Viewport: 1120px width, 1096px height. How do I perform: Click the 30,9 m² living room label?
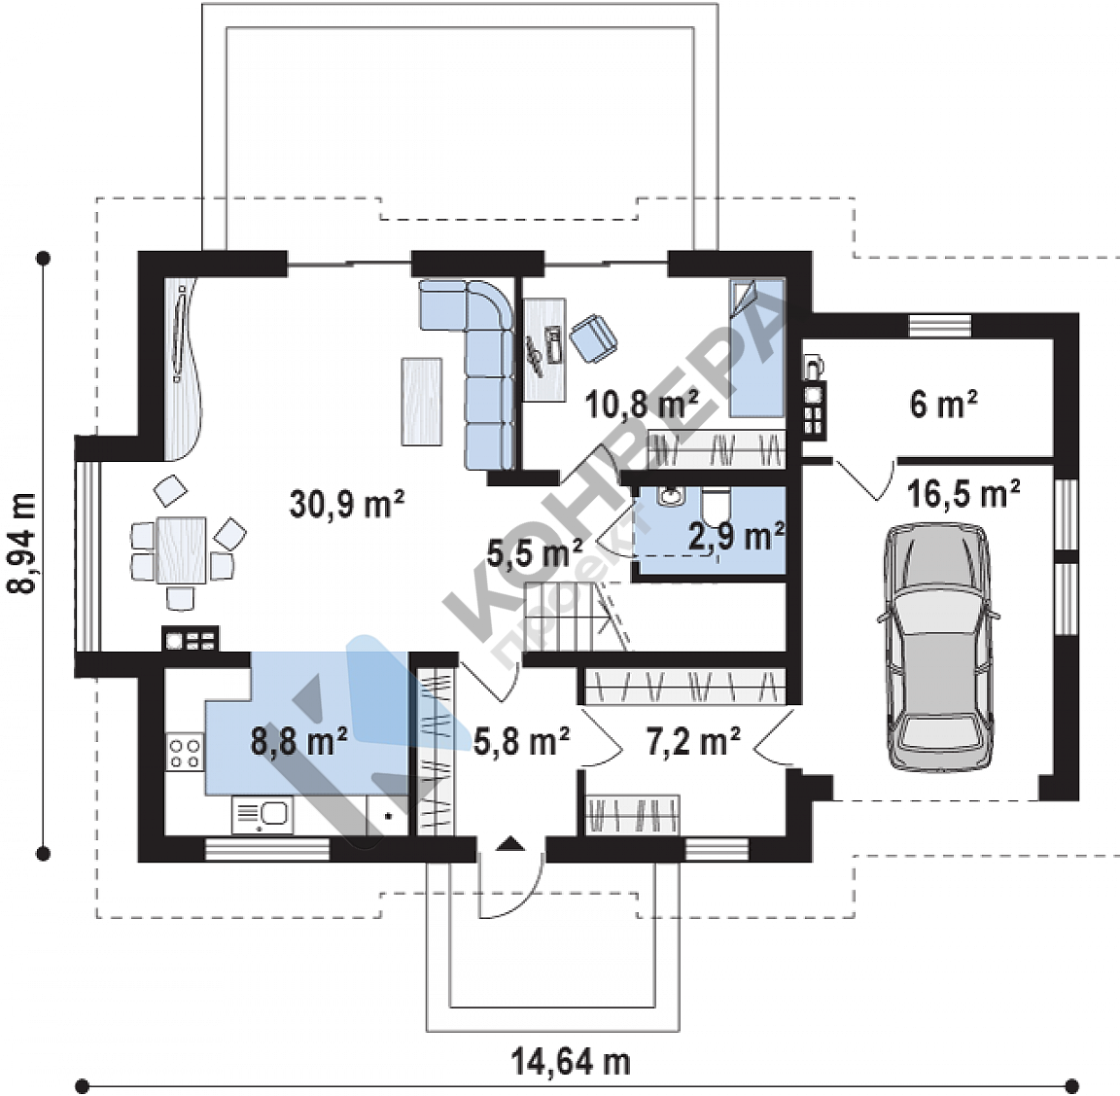point(346,504)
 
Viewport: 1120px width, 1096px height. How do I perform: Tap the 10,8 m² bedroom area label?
point(642,405)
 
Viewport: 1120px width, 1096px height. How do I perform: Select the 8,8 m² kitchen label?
point(298,740)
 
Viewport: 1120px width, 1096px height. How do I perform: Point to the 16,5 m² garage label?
point(963,494)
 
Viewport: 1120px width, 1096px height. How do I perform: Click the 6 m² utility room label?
point(943,405)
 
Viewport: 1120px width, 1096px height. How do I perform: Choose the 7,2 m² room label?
point(693,741)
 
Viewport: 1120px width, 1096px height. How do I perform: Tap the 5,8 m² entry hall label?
point(521,741)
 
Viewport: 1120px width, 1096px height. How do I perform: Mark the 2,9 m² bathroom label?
point(736,536)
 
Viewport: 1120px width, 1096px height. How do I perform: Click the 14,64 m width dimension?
point(571,1062)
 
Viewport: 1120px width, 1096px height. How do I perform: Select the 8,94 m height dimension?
point(21,544)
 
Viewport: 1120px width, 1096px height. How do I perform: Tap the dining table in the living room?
point(182,550)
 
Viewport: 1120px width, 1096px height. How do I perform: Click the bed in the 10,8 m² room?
point(756,348)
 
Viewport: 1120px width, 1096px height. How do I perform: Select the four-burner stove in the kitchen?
point(185,753)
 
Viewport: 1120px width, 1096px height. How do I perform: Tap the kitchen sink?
point(262,815)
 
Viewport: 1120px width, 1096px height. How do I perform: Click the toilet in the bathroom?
point(715,506)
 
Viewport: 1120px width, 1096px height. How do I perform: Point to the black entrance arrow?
point(510,844)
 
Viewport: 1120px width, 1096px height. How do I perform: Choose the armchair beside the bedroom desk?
point(594,338)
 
